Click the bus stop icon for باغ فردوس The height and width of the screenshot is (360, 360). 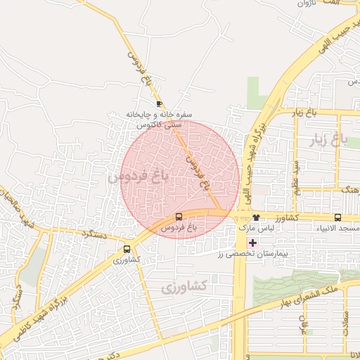point(179,217)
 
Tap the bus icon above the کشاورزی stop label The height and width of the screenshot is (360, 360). point(127,248)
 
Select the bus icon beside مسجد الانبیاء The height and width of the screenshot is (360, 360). point(338,217)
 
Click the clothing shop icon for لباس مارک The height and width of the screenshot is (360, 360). point(256,217)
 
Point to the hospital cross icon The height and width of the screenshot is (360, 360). point(253,242)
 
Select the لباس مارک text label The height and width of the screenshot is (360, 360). point(254,229)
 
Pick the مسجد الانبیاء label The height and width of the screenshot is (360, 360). point(338,229)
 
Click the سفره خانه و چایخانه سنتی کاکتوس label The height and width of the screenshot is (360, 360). point(159,119)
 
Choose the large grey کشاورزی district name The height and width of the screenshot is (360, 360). point(184,287)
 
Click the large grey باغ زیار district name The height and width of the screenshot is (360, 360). point(325,141)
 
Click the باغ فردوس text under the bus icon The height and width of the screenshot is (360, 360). point(179,229)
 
